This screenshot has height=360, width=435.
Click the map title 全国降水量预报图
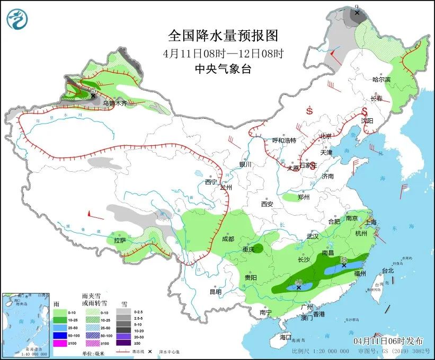click(223, 36)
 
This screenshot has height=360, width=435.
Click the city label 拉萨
click(120, 241)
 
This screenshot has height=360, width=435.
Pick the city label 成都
click(228, 239)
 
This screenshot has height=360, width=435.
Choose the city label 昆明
click(215, 291)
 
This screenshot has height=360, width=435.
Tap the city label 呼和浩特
click(284, 141)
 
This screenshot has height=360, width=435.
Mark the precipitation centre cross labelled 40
click(299, 287)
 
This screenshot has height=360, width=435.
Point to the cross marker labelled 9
click(357, 12)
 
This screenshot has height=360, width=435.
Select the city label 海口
click(286, 337)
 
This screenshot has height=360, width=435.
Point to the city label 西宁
click(211, 182)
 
